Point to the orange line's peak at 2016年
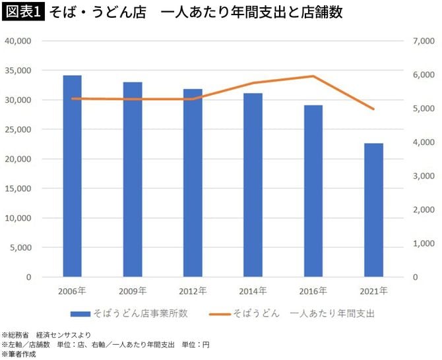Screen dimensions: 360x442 coord(313,76)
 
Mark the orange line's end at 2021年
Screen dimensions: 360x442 coord(374,109)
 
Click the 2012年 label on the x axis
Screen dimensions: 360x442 coord(193,290)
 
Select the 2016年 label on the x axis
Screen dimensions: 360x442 coord(313,290)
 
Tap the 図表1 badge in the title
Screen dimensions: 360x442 coord(22,13)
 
